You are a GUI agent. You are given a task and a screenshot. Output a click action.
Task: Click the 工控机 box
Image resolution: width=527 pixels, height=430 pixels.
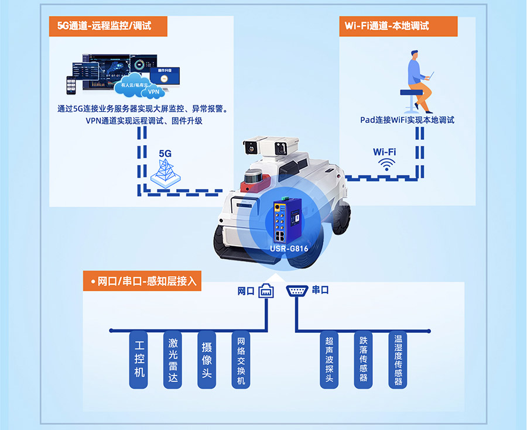(x=139, y=360)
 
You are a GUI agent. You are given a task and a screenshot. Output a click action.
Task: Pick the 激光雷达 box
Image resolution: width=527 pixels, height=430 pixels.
(x=173, y=360)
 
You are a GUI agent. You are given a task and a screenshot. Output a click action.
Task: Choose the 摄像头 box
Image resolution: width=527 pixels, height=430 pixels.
(x=207, y=360)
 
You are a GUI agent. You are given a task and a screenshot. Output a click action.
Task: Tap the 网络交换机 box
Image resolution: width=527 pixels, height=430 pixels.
(x=241, y=360)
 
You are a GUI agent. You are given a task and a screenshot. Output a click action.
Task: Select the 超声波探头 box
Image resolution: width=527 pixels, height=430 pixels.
(x=329, y=360)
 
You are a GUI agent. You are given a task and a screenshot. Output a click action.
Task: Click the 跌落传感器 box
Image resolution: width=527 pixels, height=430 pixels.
(x=364, y=360)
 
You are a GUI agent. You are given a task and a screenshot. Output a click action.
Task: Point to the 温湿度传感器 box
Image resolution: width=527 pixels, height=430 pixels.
(x=398, y=360)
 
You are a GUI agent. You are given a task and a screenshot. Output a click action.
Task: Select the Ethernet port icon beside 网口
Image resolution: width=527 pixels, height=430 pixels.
(x=266, y=290)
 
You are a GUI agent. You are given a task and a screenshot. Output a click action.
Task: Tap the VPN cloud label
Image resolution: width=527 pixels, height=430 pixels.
(x=154, y=92)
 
